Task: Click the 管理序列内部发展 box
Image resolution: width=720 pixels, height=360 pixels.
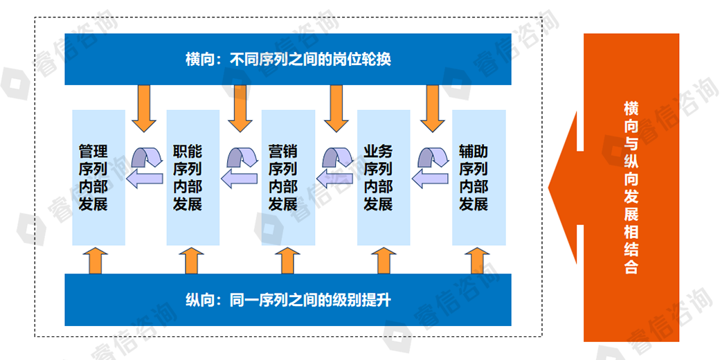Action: pyautogui.click(x=98, y=177)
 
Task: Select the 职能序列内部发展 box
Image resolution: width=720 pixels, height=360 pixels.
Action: pyautogui.click(x=193, y=177)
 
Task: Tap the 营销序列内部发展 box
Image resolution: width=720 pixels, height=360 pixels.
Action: pyautogui.click(x=288, y=177)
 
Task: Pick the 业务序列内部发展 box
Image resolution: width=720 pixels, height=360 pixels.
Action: pyautogui.click(x=384, y=177)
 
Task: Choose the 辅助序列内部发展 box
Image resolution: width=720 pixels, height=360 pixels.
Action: pyautogui.click(x=478, y=177)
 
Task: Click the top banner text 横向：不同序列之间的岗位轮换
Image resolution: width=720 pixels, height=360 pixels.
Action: pyautogui.click(x=287, y=60)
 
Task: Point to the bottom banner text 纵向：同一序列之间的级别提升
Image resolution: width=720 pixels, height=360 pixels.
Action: pyautogui.click(x=287, y=300)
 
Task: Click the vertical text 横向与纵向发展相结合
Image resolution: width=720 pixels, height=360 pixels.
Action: pyautogui.click(x=630, y=187)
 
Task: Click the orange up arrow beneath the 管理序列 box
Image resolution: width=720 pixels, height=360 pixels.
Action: pyautogui.click(x=96, y=260)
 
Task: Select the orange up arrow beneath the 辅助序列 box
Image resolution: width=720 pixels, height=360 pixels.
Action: pyautogui.click(x=477, y=260)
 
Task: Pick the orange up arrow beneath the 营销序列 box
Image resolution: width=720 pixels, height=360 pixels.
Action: pyautogui.click(x=287, y=260)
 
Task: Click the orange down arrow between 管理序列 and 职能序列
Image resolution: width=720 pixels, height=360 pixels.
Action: pyautogui.click(x=145, y=107)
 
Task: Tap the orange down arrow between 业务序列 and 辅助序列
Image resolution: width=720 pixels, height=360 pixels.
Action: pyautogui.click(x=433, y=107)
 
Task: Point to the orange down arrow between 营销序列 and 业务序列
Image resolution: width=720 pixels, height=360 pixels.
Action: pyautogui.click(x=336, y=107)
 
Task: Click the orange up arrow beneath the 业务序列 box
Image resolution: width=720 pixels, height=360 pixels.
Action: pyautogui.click(x=381, y=260)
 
